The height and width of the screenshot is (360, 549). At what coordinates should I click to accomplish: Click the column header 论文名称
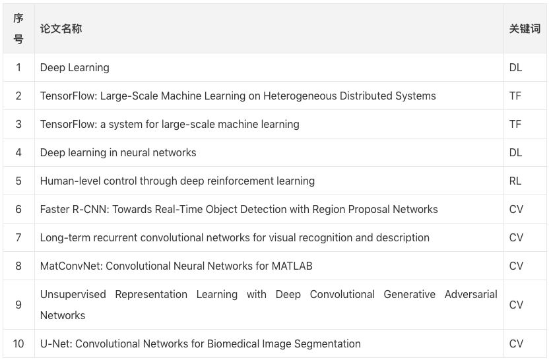point(61,29)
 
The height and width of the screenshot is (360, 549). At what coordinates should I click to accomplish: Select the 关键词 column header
point(525,29)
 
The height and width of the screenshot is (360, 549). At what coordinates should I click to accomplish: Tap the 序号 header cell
point(18,29)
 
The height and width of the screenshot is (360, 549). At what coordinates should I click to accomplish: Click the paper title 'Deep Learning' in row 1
point(75,67)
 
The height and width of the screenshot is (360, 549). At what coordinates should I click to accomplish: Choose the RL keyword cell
point(515,181)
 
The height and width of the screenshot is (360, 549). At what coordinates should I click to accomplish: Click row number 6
point(18,209)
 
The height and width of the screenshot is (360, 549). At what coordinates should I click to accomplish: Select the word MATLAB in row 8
point(292,266)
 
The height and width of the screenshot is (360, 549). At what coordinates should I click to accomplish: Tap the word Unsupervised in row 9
point(73,294)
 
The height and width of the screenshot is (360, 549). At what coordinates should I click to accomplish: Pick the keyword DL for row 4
point(515,152)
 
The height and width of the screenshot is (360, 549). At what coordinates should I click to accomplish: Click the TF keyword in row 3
point(515,124)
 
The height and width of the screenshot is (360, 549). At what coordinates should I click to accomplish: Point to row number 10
point(18,344)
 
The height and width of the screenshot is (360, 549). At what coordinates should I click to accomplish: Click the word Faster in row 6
point(55,209)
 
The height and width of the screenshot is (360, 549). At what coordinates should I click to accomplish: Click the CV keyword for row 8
point(516,266)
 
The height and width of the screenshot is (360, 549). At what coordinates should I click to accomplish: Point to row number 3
point(18,124)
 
